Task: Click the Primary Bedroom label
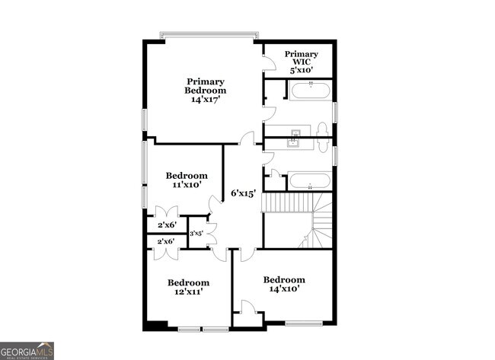click(x=206, y=90)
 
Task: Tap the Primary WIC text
click(x=302, y=62)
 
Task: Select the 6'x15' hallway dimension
click(x=242, y=193)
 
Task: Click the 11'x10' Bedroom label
click(x=187, y=180)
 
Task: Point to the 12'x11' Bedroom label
click(x=188, y=286)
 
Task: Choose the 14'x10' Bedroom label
click(x=284, y=284)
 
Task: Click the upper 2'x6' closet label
click(x=166, y=225)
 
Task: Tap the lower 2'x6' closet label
click(x=166, y=241)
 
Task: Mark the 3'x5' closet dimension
click(x=196, y=234)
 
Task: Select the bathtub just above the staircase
click(x=309, y=181)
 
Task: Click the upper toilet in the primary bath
click(x=321, y=129)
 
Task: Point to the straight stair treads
click(x=287, y=202)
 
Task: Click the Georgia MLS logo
click(x=27, y=350)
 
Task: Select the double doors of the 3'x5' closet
click(x=211, y=233)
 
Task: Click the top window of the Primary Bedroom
click(x=208, y=35)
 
